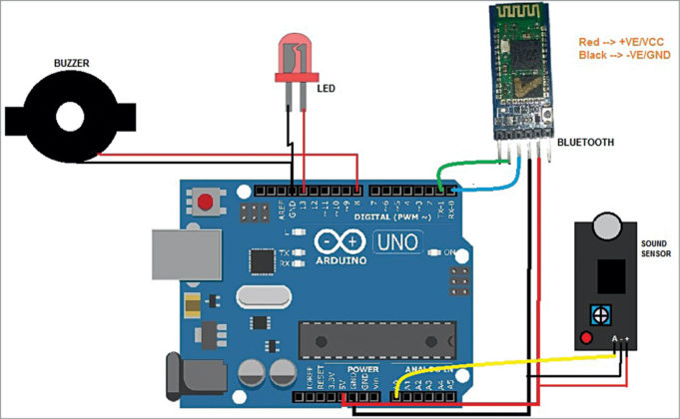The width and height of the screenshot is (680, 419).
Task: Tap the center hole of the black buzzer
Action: pyautogui.click(x=69, y=117)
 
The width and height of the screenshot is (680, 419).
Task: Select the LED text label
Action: pyautogui.click(x=326, y=88)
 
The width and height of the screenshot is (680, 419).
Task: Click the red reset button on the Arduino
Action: pyautogui.click(x=207, y=204)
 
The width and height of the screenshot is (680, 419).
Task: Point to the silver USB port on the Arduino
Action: pyautogui.click(x=180, y=255)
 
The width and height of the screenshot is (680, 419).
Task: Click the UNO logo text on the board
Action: pyautogui.click(x=396, y=241)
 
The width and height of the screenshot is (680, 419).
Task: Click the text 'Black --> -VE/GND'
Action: pyautogui.click(x=623, y=56)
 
